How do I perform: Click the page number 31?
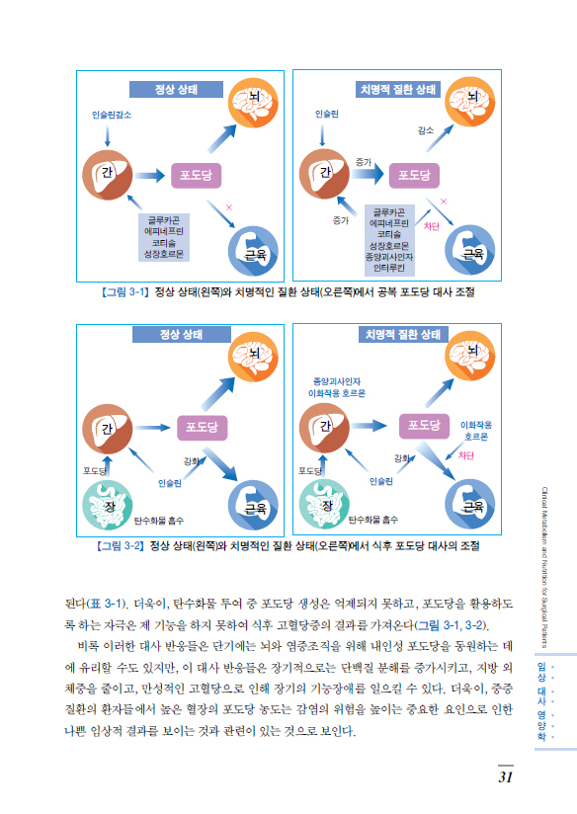(506, 776)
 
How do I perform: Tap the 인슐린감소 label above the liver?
(112, 115)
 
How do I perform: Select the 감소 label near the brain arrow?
(426, 130)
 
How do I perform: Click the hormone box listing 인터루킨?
(389, 240)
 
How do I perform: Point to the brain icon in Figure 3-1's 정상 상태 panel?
(254, 103)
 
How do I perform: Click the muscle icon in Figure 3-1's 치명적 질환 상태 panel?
(470, 250)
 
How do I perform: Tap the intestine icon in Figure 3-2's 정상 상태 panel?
(108, 505)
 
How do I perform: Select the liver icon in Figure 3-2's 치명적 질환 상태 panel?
(325, 428)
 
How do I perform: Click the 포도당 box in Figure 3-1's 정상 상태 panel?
(197, 176)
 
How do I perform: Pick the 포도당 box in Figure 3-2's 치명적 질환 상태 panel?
(424, 426)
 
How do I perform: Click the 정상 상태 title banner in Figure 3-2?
(181, 334)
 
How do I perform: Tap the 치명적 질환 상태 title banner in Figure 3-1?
(398, 89)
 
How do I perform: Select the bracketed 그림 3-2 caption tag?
(121, 546)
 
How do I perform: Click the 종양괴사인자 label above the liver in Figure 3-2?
(337, 381)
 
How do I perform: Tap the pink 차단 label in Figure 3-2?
(466, 455)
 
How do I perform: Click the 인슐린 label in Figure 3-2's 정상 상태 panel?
(170, 483)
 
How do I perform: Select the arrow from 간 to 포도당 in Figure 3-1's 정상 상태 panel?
(150, 176)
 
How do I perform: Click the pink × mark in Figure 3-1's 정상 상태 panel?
(229, 207)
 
